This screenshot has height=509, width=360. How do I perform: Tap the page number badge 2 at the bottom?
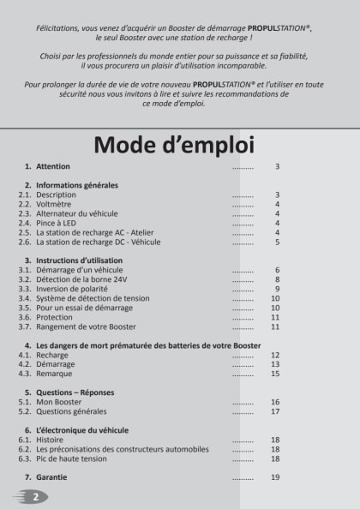coord(35,496)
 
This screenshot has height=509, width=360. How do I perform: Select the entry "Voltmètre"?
coord(55,205)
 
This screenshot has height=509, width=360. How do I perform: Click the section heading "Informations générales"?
coord(76,185)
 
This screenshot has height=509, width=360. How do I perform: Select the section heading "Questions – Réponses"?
coord(75,392)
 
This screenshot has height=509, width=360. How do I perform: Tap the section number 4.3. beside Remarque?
coord(25,374)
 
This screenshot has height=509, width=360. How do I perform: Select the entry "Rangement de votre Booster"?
coord(86,326)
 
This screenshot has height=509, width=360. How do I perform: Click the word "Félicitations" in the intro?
coord(61,27)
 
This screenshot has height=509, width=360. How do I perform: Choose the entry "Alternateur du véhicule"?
coord(77,213)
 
